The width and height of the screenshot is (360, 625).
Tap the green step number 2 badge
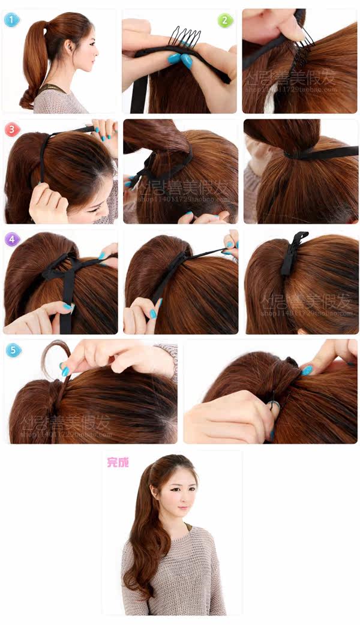224,21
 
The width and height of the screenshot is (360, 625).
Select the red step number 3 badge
12,130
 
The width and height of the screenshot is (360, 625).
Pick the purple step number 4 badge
12,240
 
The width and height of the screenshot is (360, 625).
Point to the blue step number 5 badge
13,350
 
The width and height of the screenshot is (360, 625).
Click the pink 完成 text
118,462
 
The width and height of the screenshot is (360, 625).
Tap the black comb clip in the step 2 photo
185,37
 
